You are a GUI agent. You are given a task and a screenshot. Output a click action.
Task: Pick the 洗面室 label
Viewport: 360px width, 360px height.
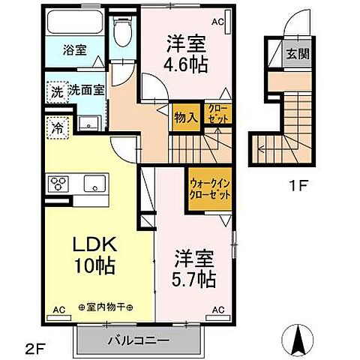(87, 91)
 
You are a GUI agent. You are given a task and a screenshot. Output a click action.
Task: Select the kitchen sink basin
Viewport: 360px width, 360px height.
(94, 183)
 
